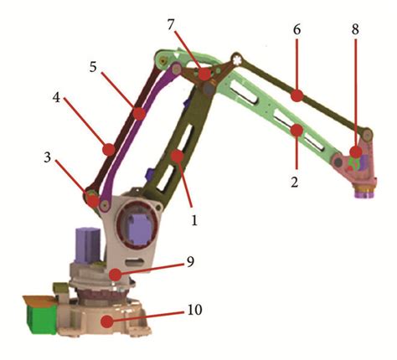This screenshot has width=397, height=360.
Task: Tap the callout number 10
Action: tap(194, 310)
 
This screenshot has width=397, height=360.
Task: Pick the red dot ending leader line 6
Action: tap(296, 96)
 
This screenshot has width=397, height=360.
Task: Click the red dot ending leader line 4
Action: tap(108, 151)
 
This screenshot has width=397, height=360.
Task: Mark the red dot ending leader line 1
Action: tap(178, 155)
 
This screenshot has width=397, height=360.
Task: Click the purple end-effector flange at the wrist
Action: tap(364, 194)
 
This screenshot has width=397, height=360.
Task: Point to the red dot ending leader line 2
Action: tap(296, 129)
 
